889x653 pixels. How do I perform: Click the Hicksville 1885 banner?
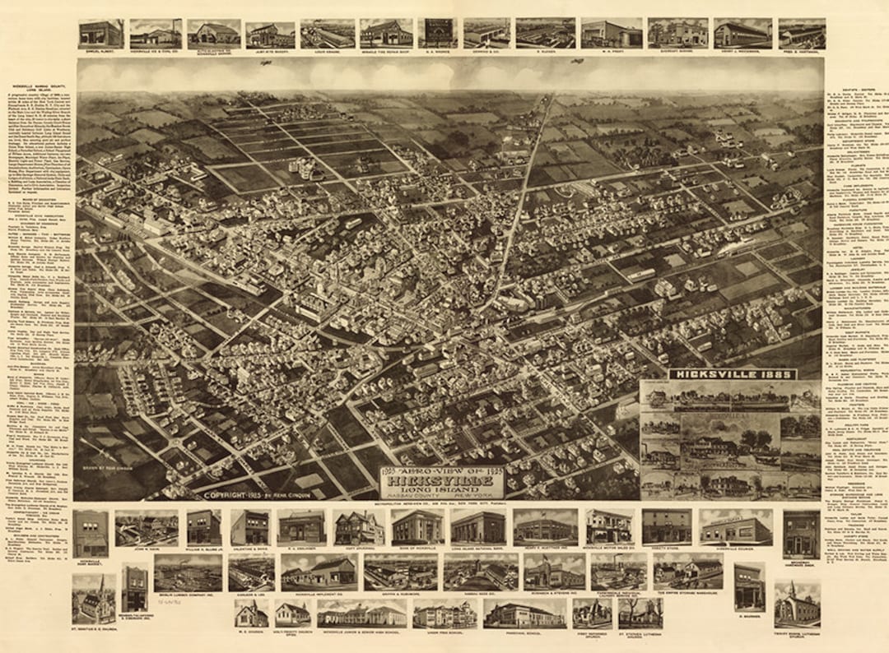coord(732,374)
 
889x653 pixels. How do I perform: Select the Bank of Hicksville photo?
coord(417,527)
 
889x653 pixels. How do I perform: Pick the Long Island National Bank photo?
coord(477,527)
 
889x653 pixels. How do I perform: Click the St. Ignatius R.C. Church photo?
coord(93,598)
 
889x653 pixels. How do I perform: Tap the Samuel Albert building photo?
coord(100,34)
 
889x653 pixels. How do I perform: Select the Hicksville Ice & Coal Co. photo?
coord(155,34)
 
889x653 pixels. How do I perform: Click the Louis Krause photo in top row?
coord(328,34)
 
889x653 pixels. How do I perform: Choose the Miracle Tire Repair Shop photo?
coord(386,34)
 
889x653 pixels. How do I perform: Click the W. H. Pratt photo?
coord(611,34)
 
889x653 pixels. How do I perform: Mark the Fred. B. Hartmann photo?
coord(801,34)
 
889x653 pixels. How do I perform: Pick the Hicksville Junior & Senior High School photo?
coord(361,614)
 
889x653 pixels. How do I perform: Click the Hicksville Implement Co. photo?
coord(318,571)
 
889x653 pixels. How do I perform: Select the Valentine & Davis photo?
coord(250,527)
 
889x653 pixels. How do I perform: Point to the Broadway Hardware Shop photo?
coord(800,534)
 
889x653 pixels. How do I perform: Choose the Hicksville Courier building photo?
coord(736,527)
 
